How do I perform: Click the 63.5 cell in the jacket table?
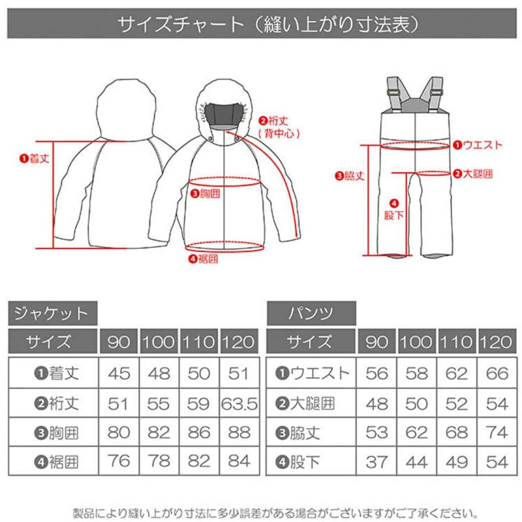coord(239,404)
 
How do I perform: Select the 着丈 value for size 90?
coord(119,373)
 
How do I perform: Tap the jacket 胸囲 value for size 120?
coord(239,433)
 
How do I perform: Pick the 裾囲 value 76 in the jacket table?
coord(119,461)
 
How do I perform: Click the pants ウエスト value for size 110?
coord(456,373)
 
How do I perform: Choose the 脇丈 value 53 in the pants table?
coord(376,433)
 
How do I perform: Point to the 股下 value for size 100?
coord(416,462)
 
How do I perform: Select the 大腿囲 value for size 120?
coord(497,404)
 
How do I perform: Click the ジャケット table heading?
coord(51,313)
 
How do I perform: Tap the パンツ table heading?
coord(311,313)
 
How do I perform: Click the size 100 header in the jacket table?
coord(159,341)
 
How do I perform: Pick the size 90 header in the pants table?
coord(376,341)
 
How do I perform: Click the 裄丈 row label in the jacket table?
coord(57,404)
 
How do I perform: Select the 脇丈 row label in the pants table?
coord(298,433)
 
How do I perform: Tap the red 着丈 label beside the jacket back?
coord(35,159)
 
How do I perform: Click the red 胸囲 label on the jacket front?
coord(206,193)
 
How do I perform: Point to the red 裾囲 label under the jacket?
coord(204,258)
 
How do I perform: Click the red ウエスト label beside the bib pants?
coord(478,145)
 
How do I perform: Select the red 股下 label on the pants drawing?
coord(394,210)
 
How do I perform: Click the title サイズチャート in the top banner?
coord(181,23)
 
